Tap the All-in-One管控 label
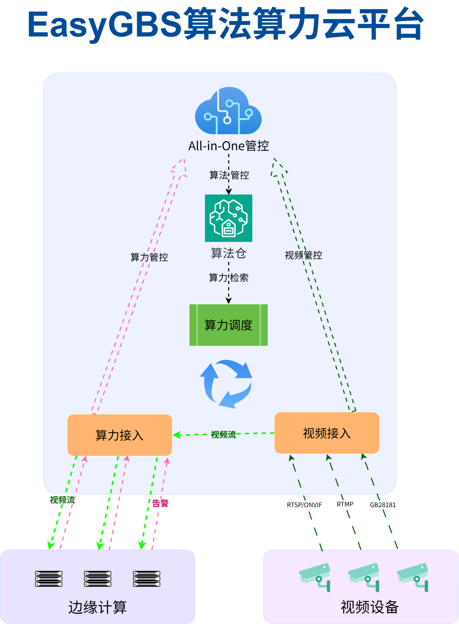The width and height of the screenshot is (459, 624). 228,146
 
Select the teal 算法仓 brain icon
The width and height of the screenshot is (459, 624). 228,218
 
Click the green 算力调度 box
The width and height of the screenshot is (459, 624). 228,325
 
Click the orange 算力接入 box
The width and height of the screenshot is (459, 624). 120,435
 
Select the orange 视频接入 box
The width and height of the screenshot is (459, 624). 327,433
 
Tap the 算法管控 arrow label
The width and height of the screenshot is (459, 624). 229,175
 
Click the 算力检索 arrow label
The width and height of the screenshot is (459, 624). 228,278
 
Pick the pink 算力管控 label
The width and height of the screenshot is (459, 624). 149,257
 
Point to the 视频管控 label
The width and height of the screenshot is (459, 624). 303,255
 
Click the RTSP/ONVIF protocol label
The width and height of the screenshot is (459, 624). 304,505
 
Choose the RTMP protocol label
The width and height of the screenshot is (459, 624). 345,504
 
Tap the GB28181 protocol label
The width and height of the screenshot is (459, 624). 382,505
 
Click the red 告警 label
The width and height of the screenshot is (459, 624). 160,503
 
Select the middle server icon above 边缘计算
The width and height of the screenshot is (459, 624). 98,579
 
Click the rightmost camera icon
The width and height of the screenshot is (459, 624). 413,576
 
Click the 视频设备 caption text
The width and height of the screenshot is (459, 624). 370,607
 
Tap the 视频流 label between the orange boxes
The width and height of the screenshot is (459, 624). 223,435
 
